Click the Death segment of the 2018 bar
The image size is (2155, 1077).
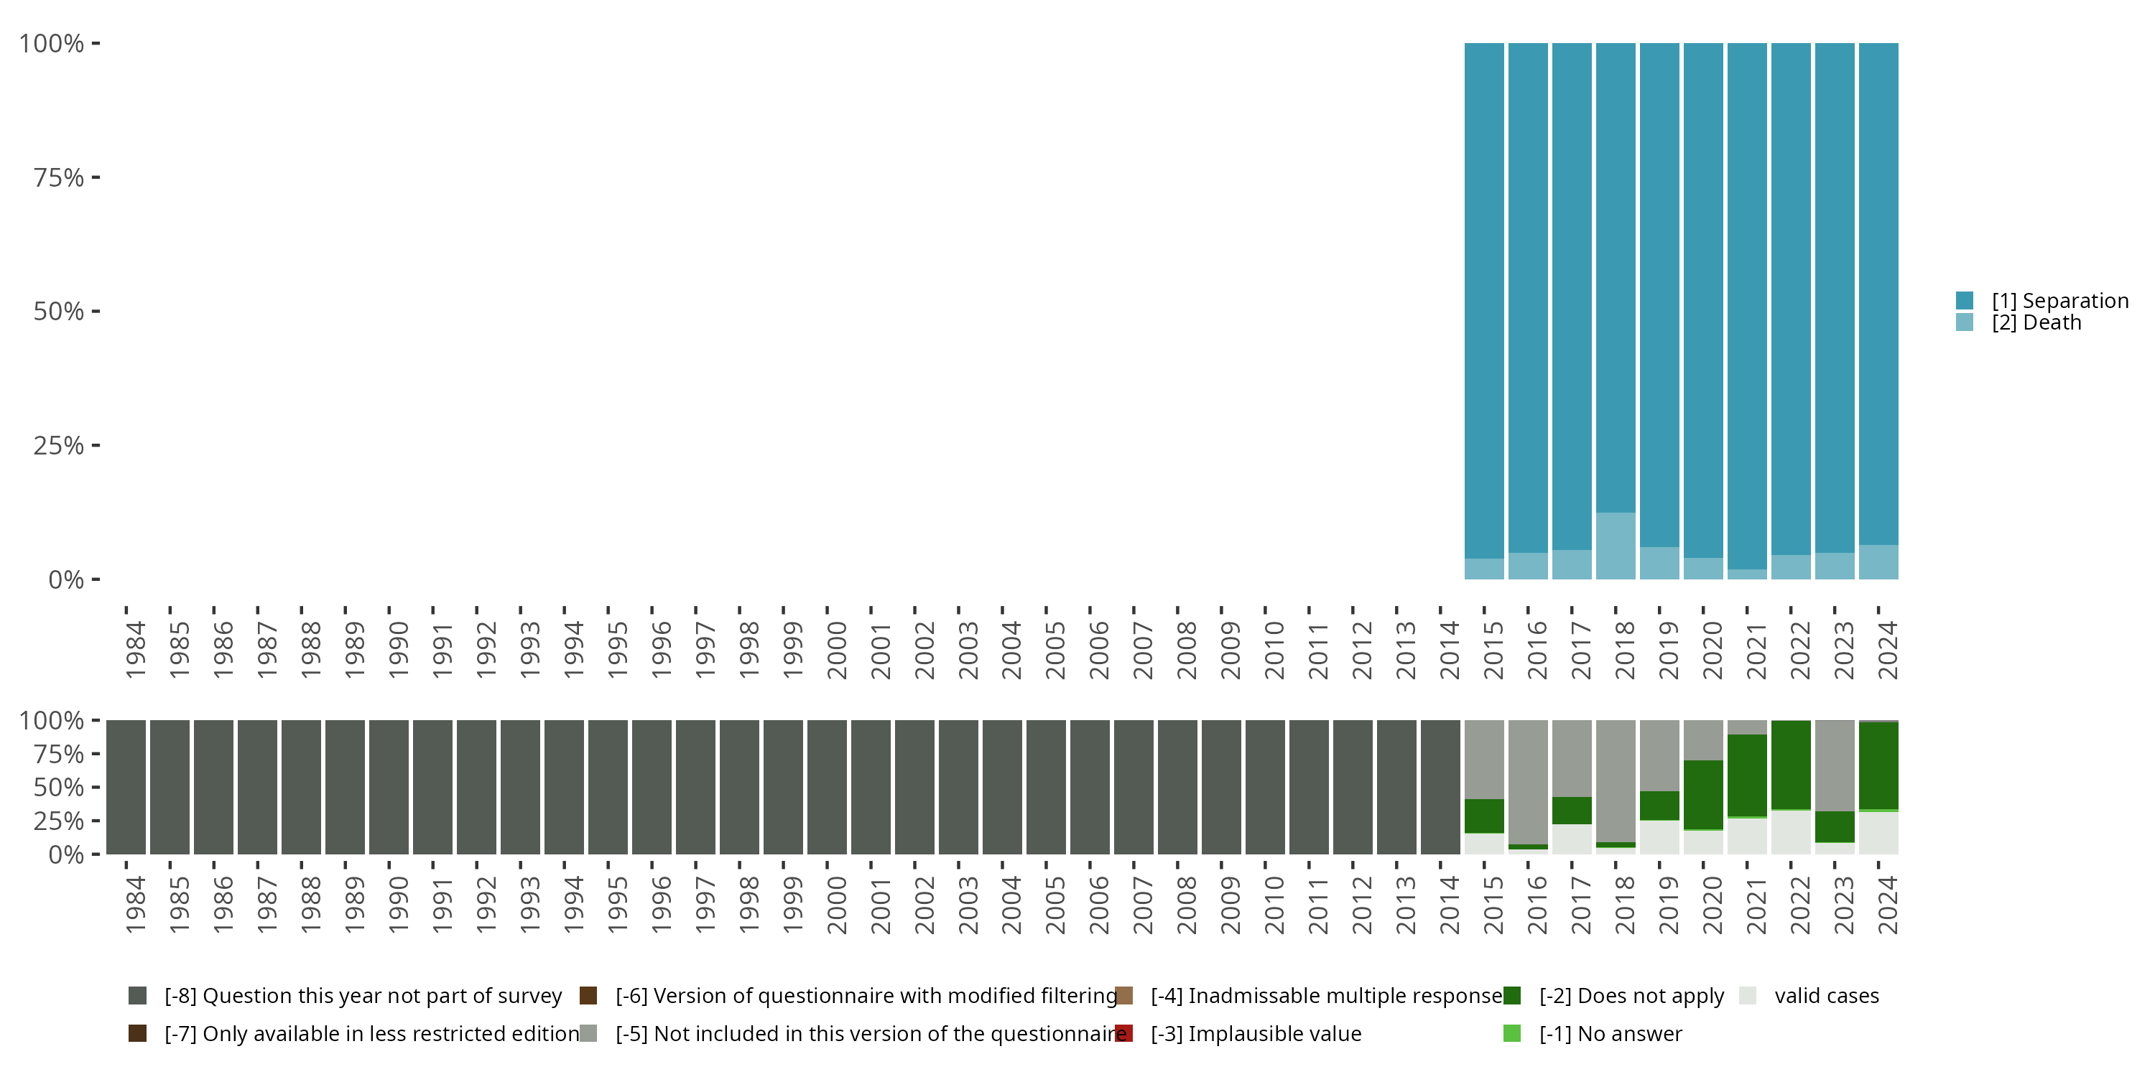1616,545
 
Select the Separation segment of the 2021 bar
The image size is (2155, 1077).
1747,306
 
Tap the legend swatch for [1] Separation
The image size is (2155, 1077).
1964,300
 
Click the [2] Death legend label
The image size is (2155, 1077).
2036,323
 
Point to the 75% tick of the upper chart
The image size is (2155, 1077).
96,177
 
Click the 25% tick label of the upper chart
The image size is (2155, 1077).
59,446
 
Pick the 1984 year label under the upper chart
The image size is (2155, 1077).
135,650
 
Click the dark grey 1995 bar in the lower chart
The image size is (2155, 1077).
608,787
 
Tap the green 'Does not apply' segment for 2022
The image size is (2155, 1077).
1791,764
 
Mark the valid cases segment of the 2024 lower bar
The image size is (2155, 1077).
1878,833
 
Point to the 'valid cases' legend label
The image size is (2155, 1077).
1826,996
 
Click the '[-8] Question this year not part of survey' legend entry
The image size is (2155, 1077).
362,996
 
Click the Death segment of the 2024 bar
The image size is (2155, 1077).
1878,562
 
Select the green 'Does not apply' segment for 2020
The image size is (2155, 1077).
1703,794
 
